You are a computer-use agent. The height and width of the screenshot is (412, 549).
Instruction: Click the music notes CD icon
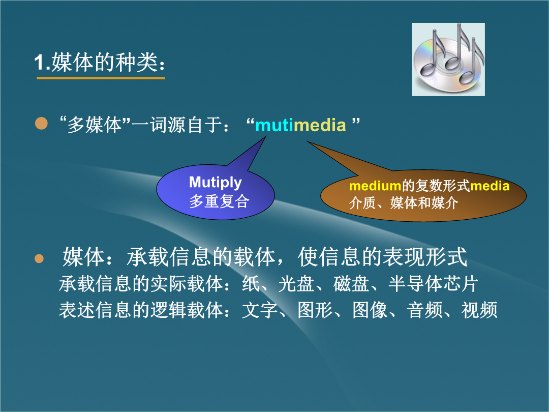pos(448,59)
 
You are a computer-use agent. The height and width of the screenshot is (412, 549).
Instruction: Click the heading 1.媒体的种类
pos(100,63)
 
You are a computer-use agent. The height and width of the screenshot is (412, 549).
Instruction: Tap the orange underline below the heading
pos(101,78)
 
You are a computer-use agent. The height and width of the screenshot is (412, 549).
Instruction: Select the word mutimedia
pos(301,126)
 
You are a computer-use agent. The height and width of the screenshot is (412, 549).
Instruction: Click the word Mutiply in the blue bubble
pos(216,183)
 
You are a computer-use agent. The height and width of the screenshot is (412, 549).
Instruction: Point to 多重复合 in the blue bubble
pos(219,201)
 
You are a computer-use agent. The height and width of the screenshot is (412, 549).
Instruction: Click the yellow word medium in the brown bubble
pos(375,186)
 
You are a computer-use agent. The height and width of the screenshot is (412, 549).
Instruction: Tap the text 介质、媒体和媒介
pos(403,203)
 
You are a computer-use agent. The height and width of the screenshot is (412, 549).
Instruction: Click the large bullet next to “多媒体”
pos(41,123)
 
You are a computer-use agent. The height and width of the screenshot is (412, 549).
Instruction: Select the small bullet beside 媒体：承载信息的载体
pos(39,258)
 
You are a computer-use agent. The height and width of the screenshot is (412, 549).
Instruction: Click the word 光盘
pos(296,283)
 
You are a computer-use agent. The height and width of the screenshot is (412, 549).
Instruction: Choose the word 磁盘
pos(351,283)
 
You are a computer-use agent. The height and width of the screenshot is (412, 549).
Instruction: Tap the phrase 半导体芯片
pos(433,283)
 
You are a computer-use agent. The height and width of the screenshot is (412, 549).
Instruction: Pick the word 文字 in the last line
pos(260,310)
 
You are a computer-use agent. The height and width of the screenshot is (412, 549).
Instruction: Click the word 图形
pos(315,310)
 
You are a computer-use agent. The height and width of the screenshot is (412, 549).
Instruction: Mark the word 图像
pos(370,310)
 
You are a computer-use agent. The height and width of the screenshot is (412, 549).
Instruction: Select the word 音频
pos(424,310)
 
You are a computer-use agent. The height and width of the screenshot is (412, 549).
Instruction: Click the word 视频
pos(479,310)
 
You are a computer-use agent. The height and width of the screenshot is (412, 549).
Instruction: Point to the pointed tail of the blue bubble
pos(265,137)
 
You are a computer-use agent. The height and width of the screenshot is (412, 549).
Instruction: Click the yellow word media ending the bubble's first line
pos(490,186)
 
